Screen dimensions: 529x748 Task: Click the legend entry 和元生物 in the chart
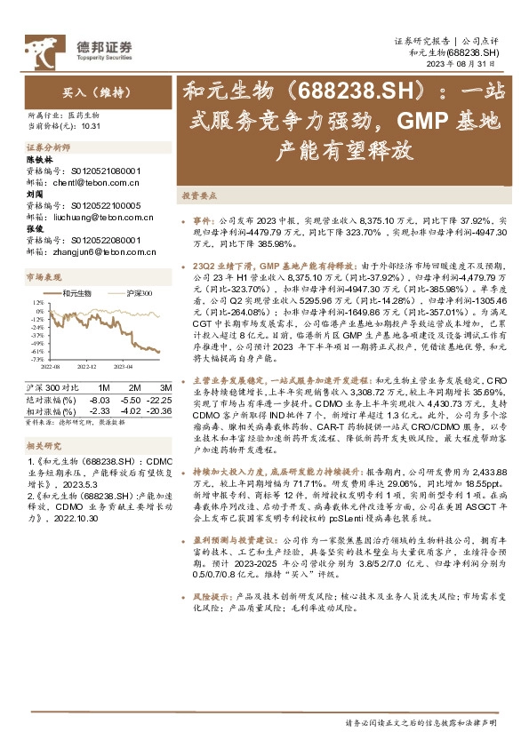pyautogui.click(x=76, y=293)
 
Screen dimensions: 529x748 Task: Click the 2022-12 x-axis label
pyautogui.click(x=86, y=366)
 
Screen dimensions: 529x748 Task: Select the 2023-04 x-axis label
pyautogui.click(x=121, y=366)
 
